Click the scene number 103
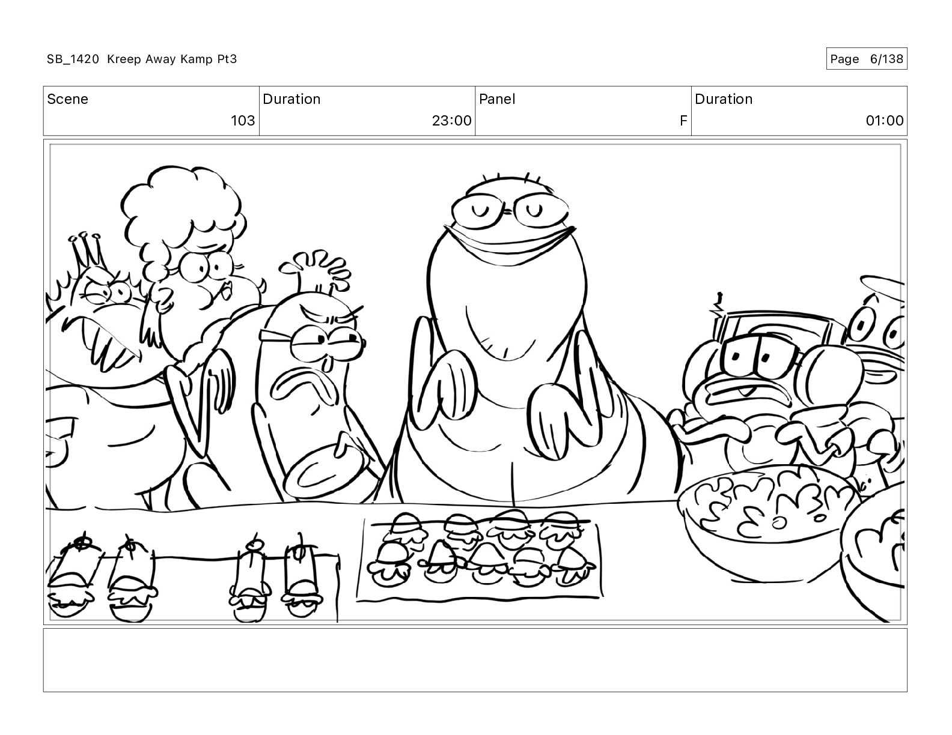[243, 120]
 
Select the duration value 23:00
[451, 120]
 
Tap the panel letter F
[683, 120]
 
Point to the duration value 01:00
[885, 120]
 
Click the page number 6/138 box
[867, 59]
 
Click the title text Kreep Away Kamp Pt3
[172, 59]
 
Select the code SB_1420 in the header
[73, 59]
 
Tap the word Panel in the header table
[497, 99]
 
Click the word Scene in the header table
[67, 99]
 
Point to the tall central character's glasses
[510, 211]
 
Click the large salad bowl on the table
[767, 523]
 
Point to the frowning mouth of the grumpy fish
[305, 386]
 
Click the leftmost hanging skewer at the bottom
[72, 578]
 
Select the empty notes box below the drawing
[475, 660]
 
